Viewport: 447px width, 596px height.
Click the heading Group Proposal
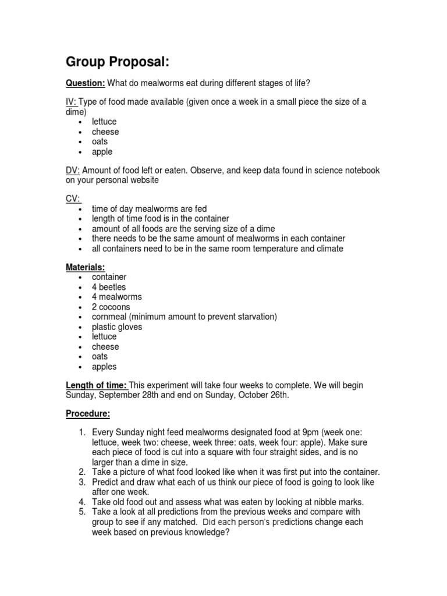click(x=117, y=62)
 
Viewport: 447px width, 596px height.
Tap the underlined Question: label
click(x=80, y=83)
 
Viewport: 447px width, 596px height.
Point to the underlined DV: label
click(x=72, y=170)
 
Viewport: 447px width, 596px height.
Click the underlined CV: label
click(x=72, y=198)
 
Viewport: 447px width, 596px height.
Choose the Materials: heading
click(x=85, y=267)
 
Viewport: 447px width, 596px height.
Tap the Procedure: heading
click(x=87, y=414)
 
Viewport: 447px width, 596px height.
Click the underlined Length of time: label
click(x=95, y=385)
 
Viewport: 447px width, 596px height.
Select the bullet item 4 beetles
click(x=108, y=287)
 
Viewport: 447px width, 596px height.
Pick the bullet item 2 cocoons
click(x=111, y=307)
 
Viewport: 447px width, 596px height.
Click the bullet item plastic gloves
click(x=116, y=327)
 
